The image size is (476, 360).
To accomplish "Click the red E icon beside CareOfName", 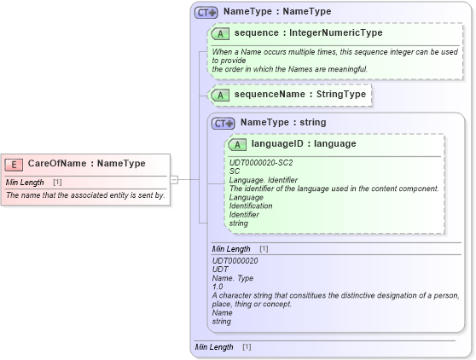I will (x=14, y=164).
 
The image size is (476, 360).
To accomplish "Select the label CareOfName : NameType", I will (x=86, y=164).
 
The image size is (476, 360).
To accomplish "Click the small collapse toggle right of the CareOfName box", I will (x=174, y=179).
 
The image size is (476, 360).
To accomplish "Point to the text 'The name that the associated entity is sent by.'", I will (x=85, y=195).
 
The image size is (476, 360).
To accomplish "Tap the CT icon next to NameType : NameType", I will (x=206, y=13).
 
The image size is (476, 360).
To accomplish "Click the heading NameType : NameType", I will (x=277, y=13).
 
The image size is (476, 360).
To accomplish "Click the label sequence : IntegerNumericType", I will (x=308, y=33).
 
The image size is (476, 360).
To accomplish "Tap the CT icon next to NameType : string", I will (x=223, y=123).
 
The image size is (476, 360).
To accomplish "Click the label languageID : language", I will (x=304, y=144).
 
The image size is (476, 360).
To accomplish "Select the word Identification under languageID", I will (x=251, y=206).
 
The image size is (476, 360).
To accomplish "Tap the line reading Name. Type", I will (x=234, y=278).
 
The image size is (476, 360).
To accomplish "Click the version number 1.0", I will (x=218, y=287).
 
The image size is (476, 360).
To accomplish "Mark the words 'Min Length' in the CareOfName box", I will (x=25, y=183).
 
